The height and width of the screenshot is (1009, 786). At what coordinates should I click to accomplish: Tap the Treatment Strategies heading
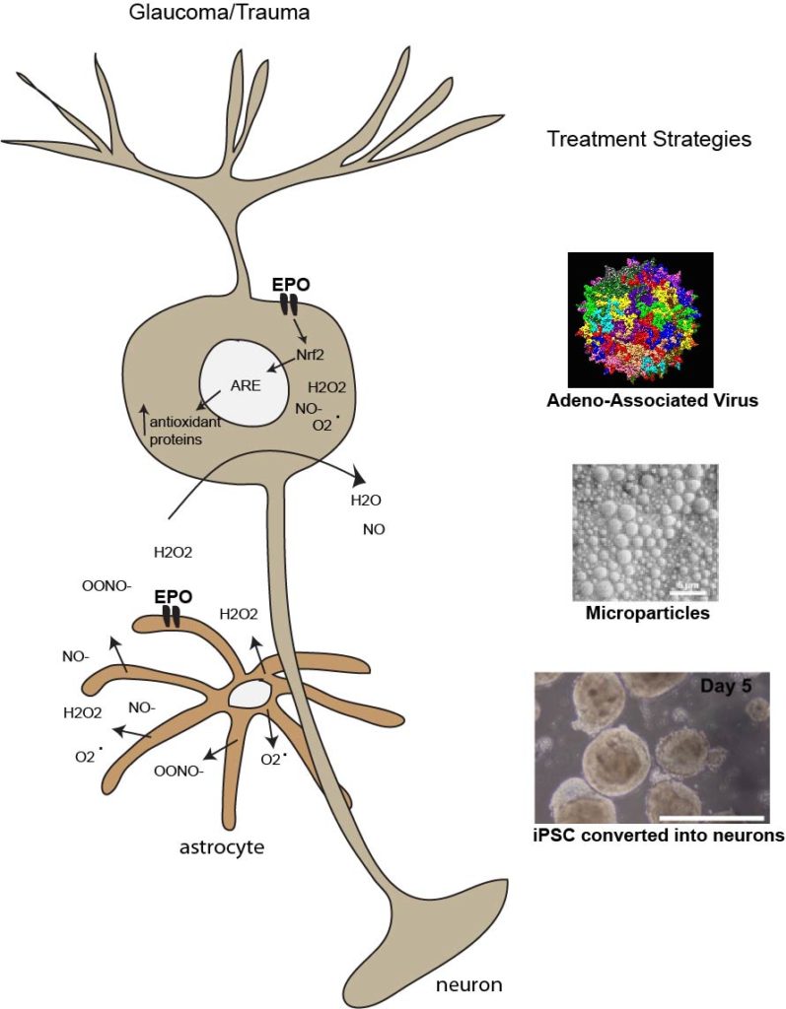[648, 140]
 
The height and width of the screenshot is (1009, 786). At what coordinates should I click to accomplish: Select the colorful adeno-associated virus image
[640, 319]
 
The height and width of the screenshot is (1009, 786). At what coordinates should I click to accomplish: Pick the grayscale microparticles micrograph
[645, 532]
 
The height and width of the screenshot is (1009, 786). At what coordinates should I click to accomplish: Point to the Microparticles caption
[647, 614]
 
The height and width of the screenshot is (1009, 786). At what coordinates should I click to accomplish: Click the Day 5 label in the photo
[733, 685]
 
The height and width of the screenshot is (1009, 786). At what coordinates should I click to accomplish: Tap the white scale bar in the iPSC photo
[711, 818]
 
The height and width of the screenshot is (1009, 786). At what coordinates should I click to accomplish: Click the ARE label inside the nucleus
[244, 384]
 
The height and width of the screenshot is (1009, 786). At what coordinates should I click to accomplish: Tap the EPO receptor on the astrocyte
[172, 616]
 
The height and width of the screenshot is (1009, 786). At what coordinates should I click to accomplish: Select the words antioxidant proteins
[183, 431]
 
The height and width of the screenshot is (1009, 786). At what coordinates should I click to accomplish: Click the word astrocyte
[222, 846]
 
